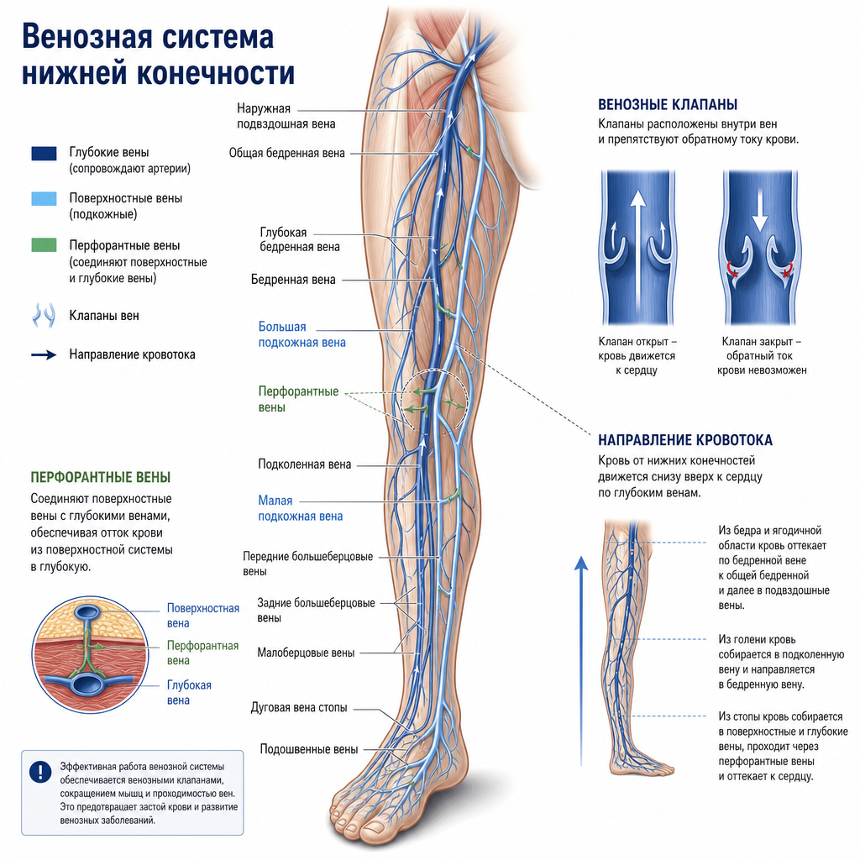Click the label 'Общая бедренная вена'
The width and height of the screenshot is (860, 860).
point(287,153)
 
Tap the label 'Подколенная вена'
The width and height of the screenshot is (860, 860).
point(304,464)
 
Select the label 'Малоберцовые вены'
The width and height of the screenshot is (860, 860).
point(306,653)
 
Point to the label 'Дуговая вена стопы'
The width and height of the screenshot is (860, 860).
point(299,707)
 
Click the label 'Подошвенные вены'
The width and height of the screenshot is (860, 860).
point(309,749)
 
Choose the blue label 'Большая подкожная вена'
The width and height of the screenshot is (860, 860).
point(302,334)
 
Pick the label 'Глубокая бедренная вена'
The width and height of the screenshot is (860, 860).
point(300,239)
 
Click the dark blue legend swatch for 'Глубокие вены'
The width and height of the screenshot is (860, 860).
point(44,153)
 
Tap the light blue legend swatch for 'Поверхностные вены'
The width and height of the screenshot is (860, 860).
point(44,198)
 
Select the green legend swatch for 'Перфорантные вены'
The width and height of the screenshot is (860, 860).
point(44,244)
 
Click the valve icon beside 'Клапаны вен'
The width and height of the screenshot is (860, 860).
point(44,316)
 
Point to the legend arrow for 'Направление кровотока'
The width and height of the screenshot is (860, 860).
point(44,355)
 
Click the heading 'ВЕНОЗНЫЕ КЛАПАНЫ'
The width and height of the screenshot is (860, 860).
point(668,105)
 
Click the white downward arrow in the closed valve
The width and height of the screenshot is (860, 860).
point(759,210)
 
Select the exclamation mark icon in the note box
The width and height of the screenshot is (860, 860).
point(40,772)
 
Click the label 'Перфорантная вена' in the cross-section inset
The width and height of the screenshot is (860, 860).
point(202,653)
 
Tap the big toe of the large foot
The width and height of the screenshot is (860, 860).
point(377,829)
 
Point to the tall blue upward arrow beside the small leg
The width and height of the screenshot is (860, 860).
point(581,660)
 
